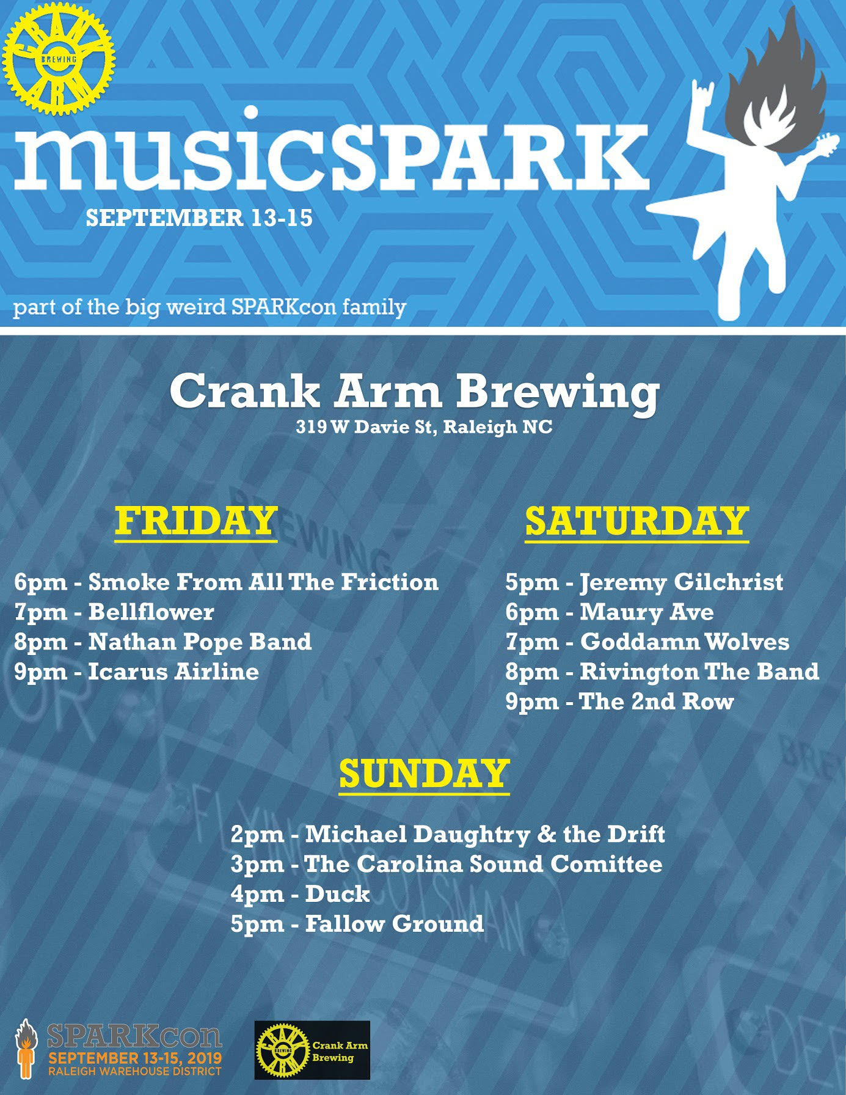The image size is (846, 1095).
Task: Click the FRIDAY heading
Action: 196,521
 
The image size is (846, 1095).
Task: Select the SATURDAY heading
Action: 637,521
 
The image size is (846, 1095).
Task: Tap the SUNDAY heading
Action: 425,774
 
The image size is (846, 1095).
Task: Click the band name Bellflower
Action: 151,612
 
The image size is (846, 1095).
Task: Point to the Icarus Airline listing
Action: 173,672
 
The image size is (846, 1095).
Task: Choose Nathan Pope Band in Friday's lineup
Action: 200,642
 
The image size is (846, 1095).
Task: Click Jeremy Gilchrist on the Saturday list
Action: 681,582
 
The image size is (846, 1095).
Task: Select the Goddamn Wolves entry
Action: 684,642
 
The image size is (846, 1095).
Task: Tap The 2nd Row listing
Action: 656,701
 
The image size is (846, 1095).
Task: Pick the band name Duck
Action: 337,894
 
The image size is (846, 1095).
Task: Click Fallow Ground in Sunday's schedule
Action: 394,923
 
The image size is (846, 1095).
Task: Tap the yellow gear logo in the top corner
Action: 59,59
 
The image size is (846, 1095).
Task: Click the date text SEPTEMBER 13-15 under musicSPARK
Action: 199,218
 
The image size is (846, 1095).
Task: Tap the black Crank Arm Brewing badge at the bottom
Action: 312,1050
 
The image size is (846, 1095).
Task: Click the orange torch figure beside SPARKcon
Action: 25,1049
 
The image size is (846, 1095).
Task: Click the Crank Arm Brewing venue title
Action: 415,392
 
